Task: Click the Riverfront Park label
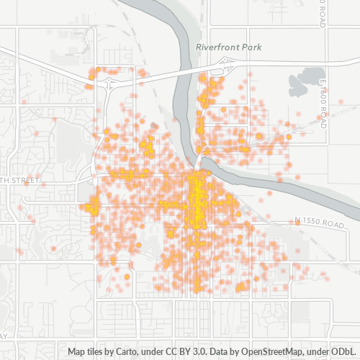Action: tap(228, 47)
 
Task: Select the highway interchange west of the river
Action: tap(106, 83)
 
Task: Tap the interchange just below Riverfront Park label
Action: tap(216, 70)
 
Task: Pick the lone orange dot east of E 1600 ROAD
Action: tap(341, 102)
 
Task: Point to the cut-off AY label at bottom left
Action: tap(4, 336)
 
